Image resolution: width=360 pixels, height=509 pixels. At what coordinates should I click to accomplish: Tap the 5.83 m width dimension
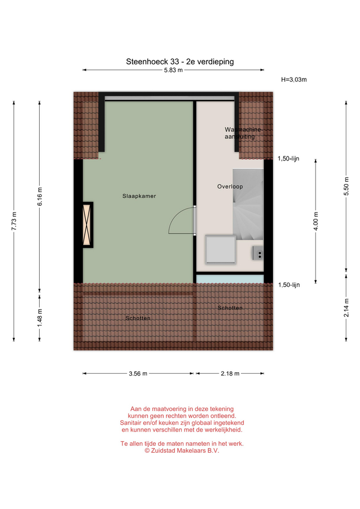[x=173, y=70]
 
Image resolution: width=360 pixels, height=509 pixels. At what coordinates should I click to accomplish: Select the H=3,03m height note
[x=294, y=80]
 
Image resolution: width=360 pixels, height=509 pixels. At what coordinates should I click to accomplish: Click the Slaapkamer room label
[x=139, y=196]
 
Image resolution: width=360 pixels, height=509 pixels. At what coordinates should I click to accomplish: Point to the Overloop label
[x=230, y=187]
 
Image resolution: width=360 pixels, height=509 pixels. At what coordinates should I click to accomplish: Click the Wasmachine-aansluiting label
[x=243, y=133]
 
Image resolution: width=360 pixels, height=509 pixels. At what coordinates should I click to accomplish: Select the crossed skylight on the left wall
[x=87, y=225]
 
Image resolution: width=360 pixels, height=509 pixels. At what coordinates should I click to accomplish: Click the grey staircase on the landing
[x=248, y=205]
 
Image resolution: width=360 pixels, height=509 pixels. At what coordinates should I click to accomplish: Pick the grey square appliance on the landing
[x=221, y=250]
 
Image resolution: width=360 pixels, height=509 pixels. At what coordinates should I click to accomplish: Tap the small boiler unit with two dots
[x=258, y=253]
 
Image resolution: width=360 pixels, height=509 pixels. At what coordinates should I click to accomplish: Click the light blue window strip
[x=230, y=279]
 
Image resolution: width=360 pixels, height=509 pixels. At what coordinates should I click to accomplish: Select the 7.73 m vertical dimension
[x=14, y=221]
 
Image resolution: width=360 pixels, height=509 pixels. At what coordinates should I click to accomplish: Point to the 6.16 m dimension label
[x=40, y=197]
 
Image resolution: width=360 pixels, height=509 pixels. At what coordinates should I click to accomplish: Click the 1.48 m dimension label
[x=40, y=318]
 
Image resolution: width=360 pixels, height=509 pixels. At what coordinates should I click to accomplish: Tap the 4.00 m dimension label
[x=316, y=221]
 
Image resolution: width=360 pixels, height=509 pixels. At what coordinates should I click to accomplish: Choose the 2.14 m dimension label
[x=346, y=308]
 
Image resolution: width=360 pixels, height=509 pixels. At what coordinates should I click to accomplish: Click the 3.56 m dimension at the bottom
[x=138, y=374]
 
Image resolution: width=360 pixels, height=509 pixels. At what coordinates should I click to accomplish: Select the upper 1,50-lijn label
[x=288, y=159]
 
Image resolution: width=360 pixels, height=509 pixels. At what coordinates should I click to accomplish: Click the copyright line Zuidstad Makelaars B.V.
[x=182, y=451]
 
